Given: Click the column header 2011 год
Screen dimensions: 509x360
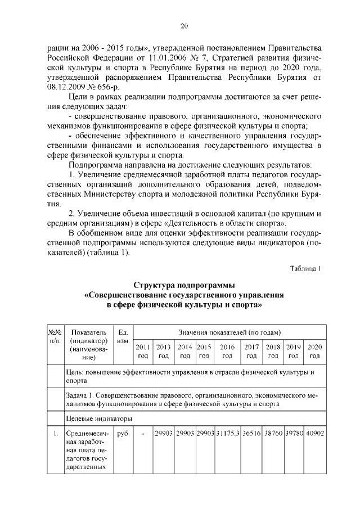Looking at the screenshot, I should click(143, 351).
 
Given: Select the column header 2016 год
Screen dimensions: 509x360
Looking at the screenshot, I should click(227, 351).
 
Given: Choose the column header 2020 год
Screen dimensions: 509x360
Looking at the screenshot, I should click(315, 351).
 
